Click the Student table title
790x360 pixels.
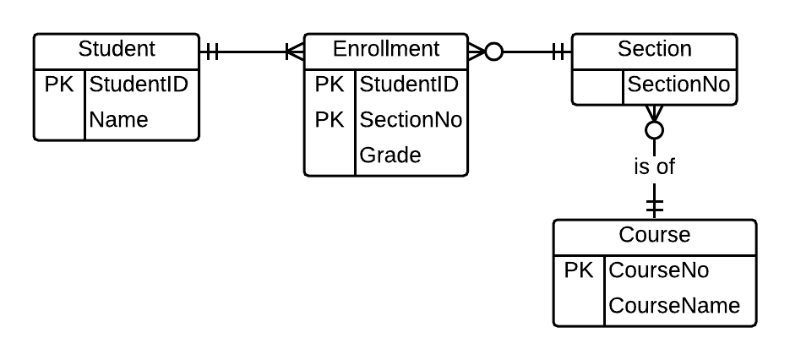tap(117, 49)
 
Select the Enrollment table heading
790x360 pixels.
tap(386, 49)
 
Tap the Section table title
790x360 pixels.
tap(655, 49)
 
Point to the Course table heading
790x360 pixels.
tap(655, 235)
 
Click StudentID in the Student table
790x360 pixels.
tap(139, 85)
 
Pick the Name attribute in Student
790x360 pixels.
tap(118, 120)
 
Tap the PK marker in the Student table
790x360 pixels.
tap(59, 85)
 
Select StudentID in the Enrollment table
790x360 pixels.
tap(409, 85)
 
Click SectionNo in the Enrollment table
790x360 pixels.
tap(411, 120)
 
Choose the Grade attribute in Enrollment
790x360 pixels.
tap(390, 155)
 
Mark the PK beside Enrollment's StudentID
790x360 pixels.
tap(330, 85)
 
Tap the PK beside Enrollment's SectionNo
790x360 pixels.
tap(330, 120)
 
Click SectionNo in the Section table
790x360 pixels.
tap(679, 85)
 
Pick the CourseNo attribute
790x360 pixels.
tap(659, 270)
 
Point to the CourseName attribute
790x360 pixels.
tap(674, 306)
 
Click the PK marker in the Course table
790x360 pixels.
tap(580, 270)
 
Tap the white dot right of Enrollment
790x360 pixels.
tap(494, 52)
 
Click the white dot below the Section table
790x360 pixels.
tap(654, 130)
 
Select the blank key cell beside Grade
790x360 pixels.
tap(330, 155)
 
